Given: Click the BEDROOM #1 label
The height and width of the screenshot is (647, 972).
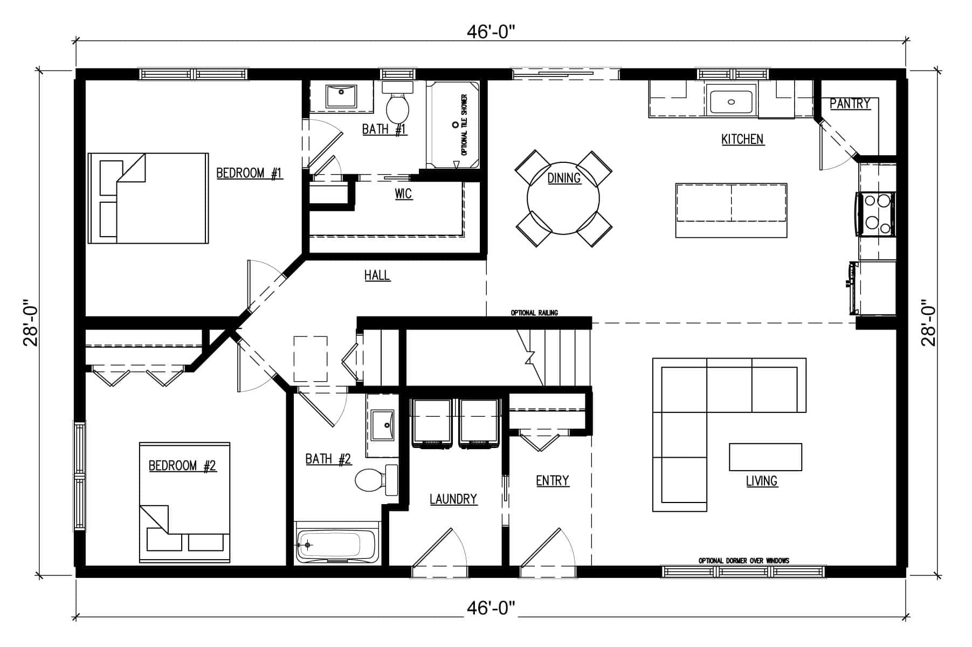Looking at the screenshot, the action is pyautogui.click(x=250, y=173).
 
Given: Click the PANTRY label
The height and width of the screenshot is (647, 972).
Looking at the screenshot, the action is pyautogui.click(x=850, y=104).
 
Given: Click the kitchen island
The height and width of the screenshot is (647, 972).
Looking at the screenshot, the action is pyautogui.click(x=731, y=210).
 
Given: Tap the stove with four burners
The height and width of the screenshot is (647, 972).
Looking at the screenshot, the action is pyautogui.click(x=874, y=214).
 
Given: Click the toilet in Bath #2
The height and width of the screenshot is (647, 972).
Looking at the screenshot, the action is pyautogui.click(x=376, y=479).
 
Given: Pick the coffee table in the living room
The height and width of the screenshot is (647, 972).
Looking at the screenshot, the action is pyautogui.click(x=766, y=457).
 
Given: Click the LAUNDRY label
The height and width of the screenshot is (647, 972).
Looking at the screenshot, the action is pyautogui.click(x=453, y=499).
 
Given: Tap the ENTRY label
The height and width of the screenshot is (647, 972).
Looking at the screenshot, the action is pyautogui.click(x=553, y=480).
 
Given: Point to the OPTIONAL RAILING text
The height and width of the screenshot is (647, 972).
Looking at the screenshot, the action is pyautogui.click(x=534, y=313).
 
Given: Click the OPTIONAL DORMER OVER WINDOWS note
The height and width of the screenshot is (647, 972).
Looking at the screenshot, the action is pyautogui.click(x=744, y=561).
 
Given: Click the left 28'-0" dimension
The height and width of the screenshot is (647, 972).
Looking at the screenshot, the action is pyautogui.click(x=31, y=322).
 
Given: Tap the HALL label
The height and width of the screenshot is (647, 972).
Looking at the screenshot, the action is pyautogui.click(x=377, y=276).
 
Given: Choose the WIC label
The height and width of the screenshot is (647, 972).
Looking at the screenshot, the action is pyautogui.click(x=403, y=194).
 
